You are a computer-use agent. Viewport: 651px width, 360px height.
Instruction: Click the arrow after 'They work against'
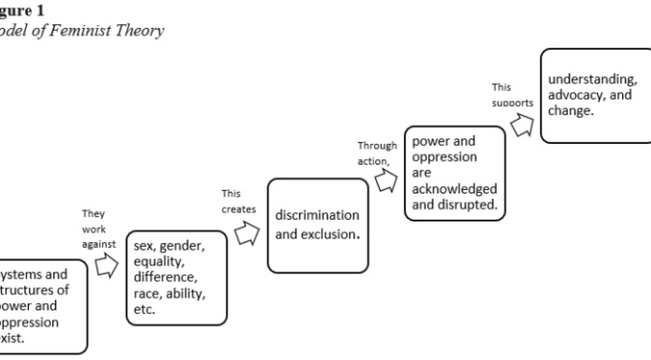pos(108,267)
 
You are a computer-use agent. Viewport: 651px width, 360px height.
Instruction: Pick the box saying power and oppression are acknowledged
pos(456,174)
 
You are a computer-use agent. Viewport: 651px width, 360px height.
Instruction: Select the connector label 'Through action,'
pos(377,152)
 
